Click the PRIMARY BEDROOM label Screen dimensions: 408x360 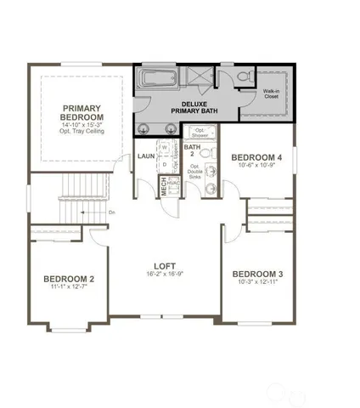[x=82, y=112]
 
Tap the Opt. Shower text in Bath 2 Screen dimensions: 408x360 [x=199, y=133]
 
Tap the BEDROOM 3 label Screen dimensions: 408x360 [x=256, y=274]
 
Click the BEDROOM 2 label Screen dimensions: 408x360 [x=69, y=279]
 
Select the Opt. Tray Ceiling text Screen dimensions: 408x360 [x=82, y=133]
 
